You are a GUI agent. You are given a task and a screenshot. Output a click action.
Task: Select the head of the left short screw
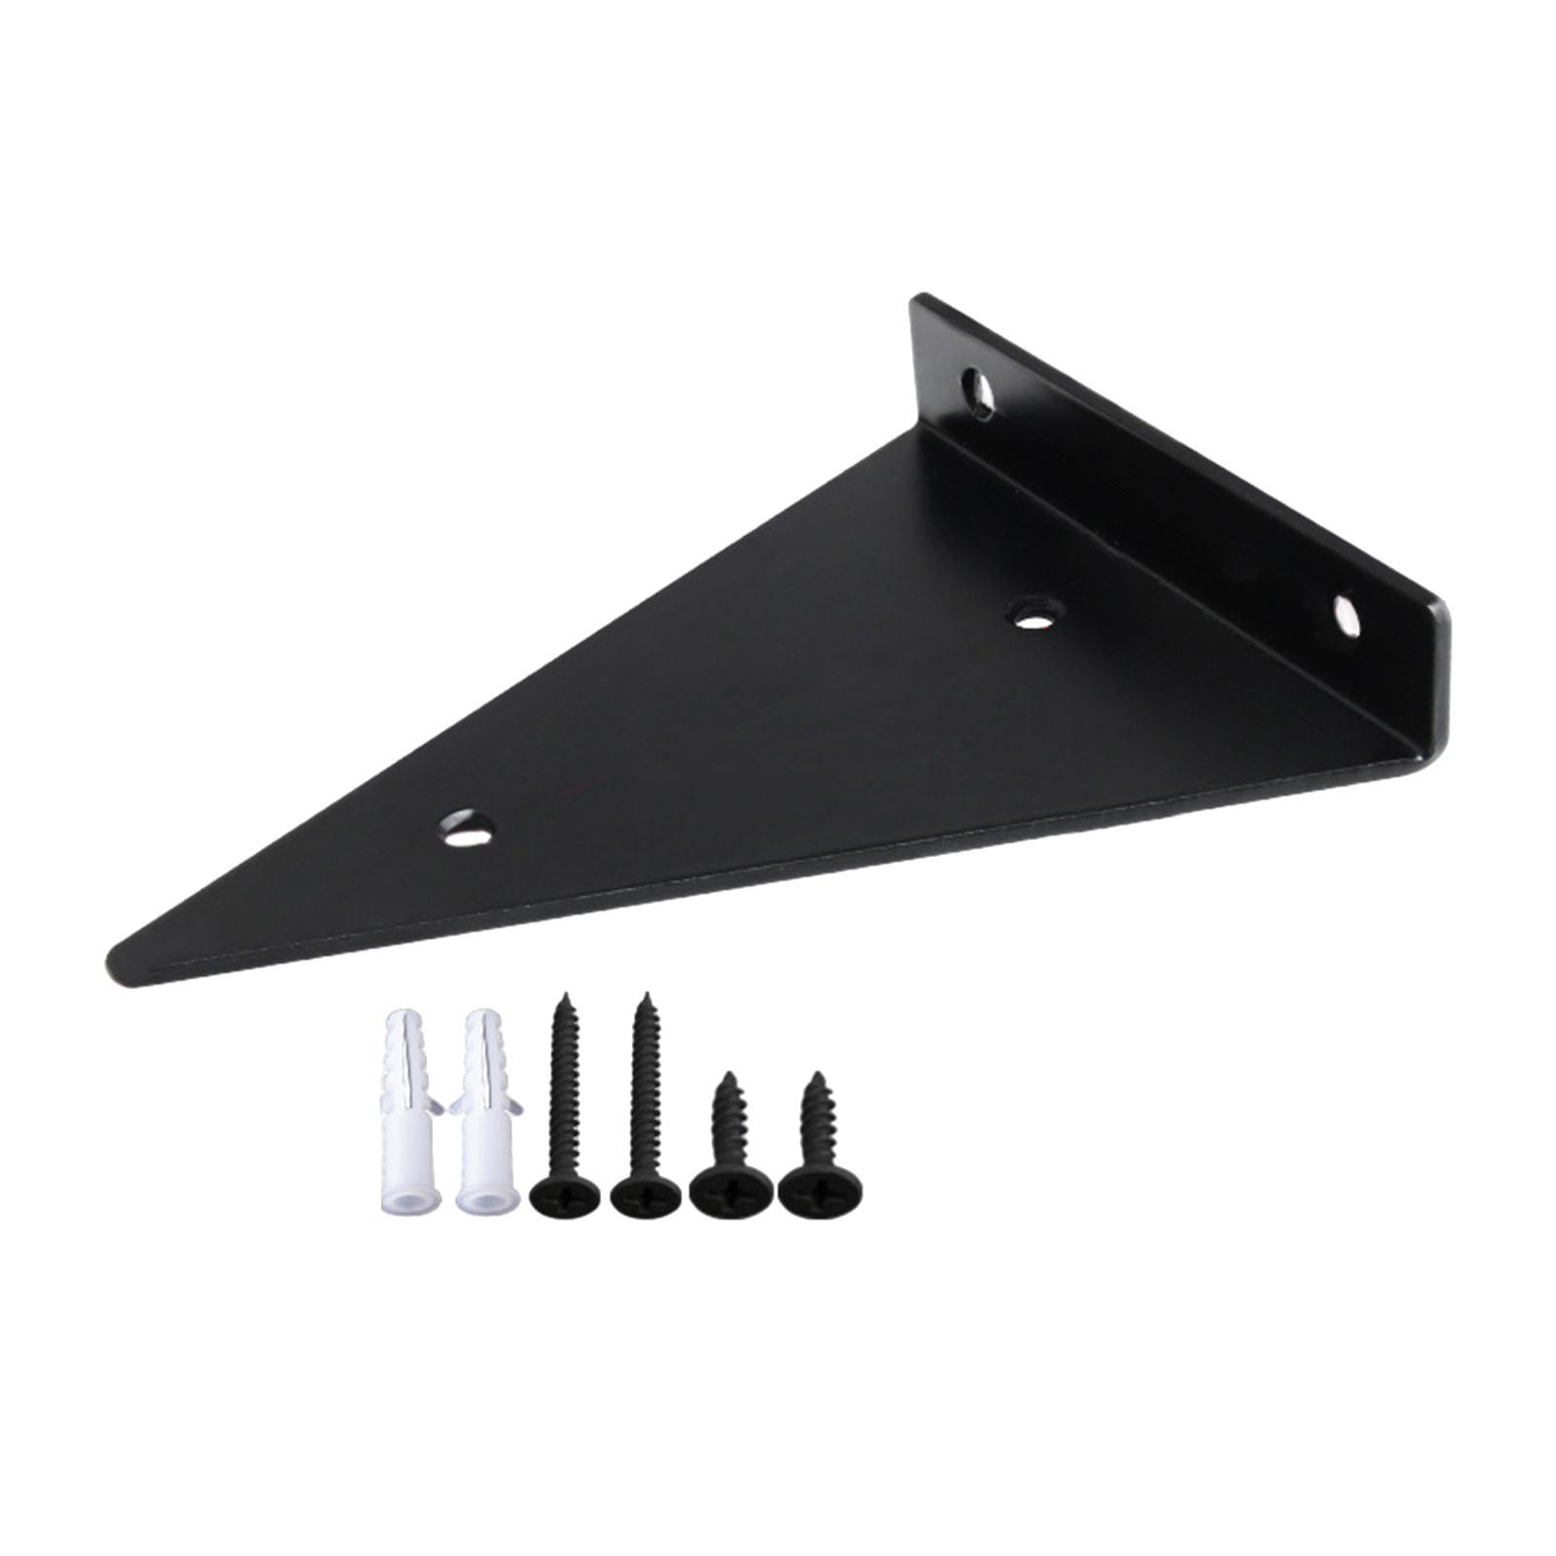tap(725, 1188)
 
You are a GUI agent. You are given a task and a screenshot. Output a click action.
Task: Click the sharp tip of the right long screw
tap(643, 995)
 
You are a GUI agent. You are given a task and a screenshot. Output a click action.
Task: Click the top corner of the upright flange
tap(914, 298)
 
